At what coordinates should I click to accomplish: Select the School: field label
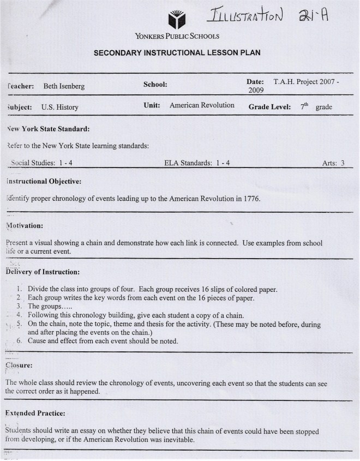[155, 84]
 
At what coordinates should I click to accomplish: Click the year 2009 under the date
[256, 91]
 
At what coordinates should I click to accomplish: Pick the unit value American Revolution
[202, 105]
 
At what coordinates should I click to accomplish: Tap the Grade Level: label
[269, 107]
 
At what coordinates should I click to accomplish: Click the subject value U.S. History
[59, 107]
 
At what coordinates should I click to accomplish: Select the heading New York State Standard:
[48, 129]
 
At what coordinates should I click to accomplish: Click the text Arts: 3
[333, 163]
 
